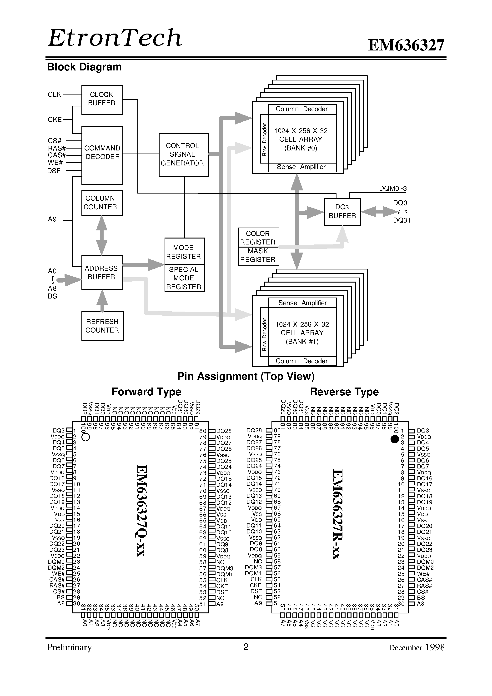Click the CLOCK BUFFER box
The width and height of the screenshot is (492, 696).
coord(102,99)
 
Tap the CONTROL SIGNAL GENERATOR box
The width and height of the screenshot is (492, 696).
coord(184,154)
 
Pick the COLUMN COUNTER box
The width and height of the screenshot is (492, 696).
coord(102,203)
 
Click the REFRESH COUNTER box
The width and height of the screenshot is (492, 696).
coord(102,326)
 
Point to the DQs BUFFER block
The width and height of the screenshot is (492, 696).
coord(342,212)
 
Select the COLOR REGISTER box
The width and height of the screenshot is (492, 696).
coord(258,238)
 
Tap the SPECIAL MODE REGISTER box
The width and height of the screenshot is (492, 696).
coord(184,278)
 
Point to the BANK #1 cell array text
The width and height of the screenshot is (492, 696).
coord(302,333)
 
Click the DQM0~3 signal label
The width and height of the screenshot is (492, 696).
coord(392,189)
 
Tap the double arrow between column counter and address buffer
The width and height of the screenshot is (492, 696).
coord(102,235)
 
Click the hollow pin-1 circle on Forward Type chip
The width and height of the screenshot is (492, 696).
coord(86,437)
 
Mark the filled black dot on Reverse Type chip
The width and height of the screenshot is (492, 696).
coord(394,439)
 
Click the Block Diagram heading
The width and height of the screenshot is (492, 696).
coord(84,67)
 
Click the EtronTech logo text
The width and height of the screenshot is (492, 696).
coord(115,38)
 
